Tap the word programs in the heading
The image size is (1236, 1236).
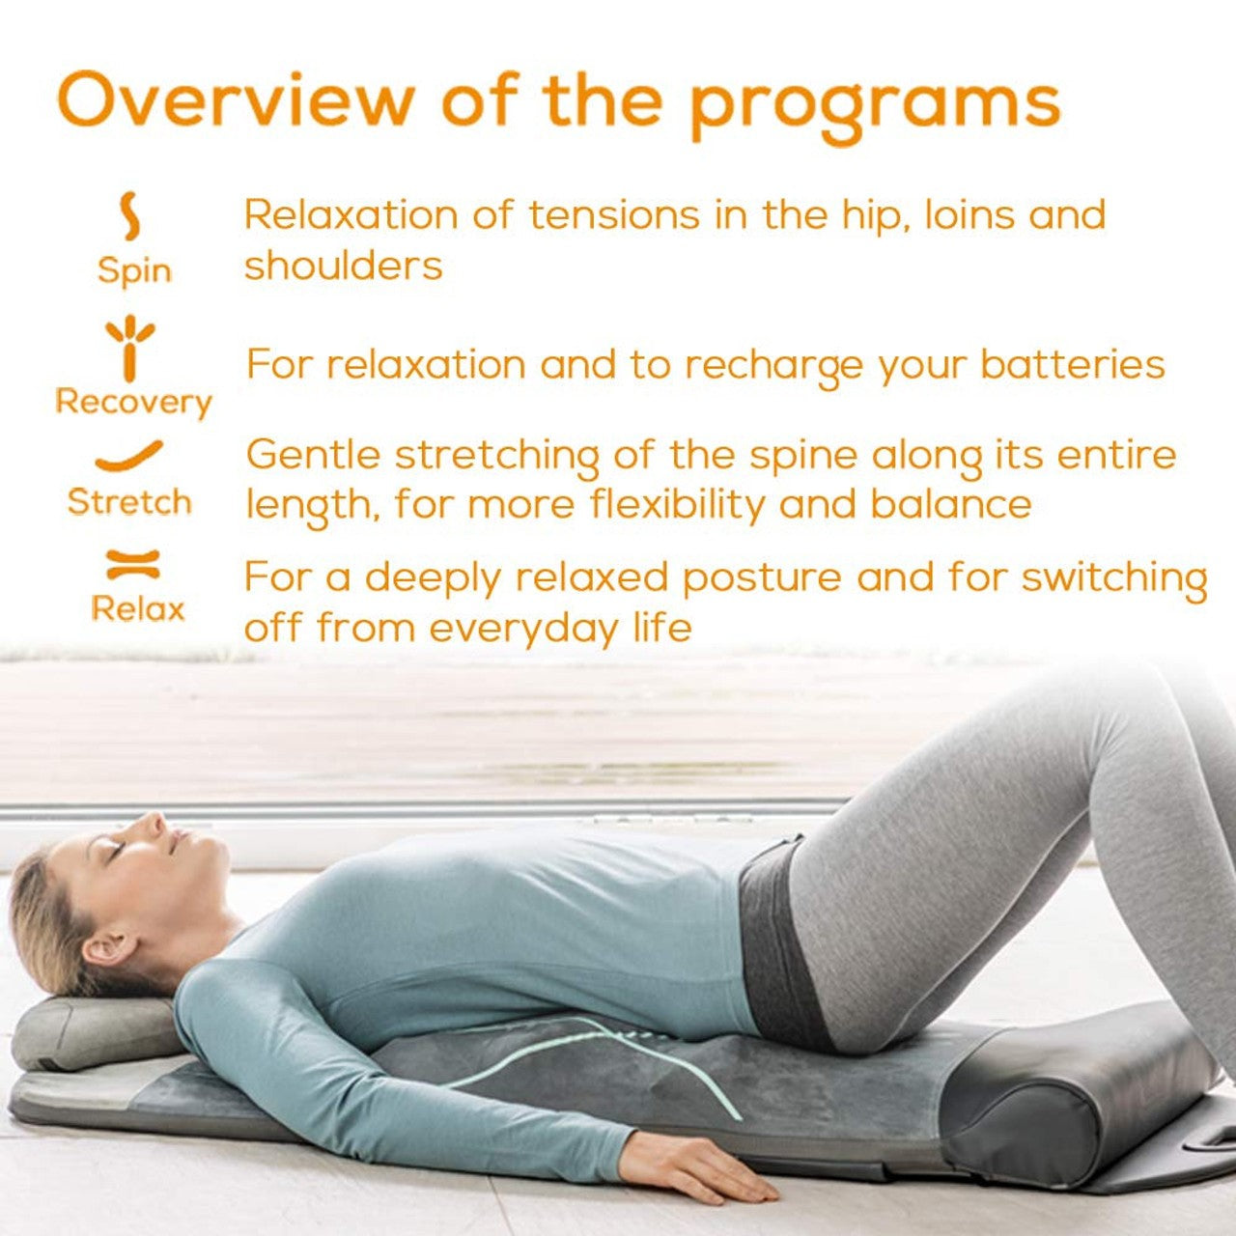coord(875,102)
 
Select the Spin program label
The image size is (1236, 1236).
coord(134,271)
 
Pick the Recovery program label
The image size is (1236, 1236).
coord(133,402)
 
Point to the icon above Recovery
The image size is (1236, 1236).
coord(130,347)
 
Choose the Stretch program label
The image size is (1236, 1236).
coord(129,502)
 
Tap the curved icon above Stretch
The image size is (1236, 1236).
coord(129,456)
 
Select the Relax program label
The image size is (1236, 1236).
coord(137,608)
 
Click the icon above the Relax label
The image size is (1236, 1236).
coord(133,564)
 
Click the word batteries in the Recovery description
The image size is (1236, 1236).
coord(1072,365)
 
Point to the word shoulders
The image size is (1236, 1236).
coord(343,266)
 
